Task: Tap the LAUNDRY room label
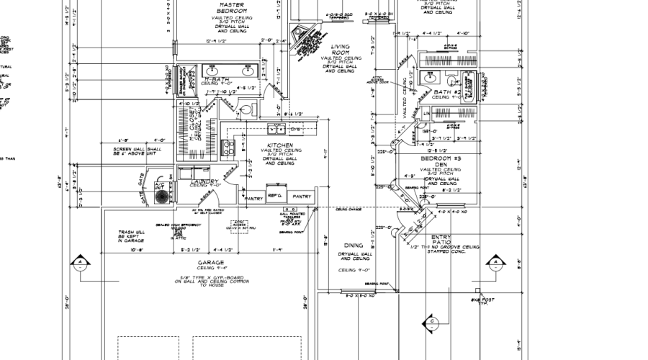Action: pyautogui.click(x=202, y=181)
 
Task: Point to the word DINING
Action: pyautogui.click(x=353, y=246)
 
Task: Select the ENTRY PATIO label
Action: pyautogui.click(x=441, y=240)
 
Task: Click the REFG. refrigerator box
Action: pyautogui.click(x=275, y=195)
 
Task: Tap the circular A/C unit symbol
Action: pyautogui.click(x=164, y=196)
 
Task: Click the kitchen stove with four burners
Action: pyautogui.click(x=229, y=148)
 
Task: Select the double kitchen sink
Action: pyautogui.click(x=276, y=130)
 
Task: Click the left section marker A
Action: pyautogui.click(x=81, y=262)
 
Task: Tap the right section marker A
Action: pyautogui.click(x=495, y=263)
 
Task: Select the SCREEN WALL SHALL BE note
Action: pyautogui.click(x=134, y=151)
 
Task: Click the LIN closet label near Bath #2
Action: pyautogui.click(x=426, y=114)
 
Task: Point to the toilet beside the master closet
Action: pyautogui.click(x=244, y=110)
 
